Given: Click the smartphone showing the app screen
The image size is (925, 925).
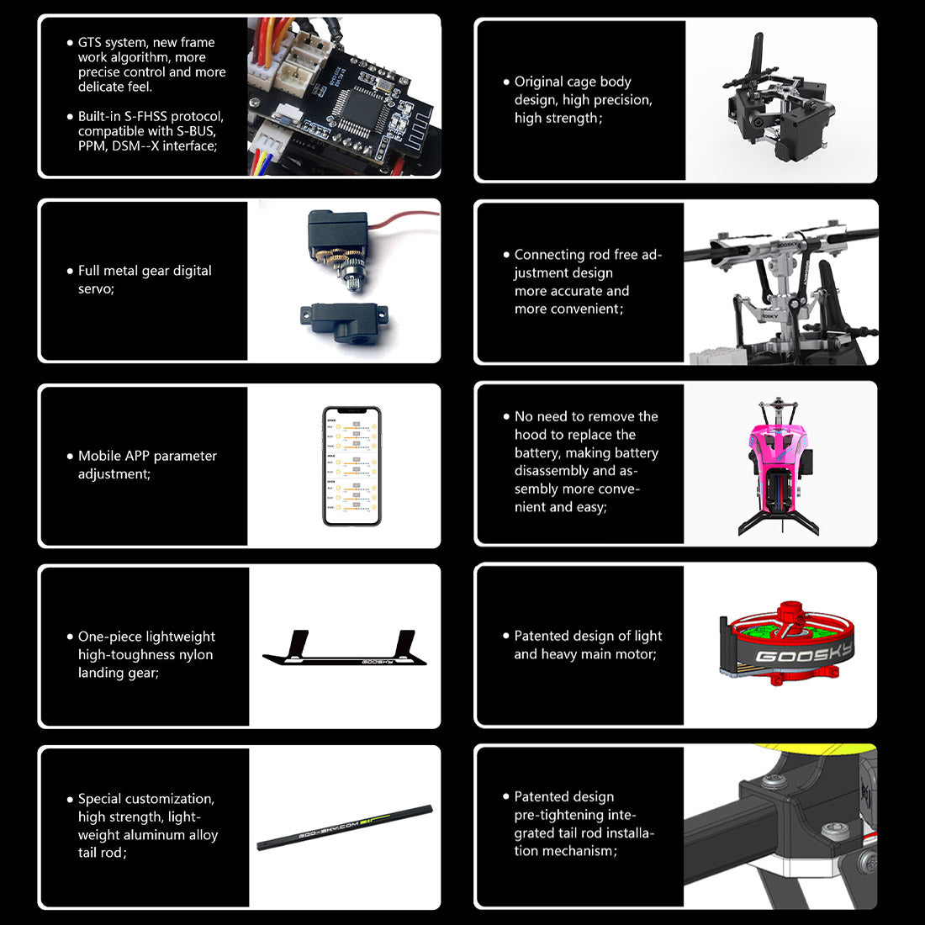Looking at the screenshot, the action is click(351, 466).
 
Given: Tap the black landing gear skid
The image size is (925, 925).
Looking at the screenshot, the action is click(345, 649).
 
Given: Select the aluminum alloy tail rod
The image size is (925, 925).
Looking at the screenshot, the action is click(345, 827).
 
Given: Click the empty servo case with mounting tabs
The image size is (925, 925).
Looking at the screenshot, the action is click(344, 320).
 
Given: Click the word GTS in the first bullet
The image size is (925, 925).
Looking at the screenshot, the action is click(90, 43).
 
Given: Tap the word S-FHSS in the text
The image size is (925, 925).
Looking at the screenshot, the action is click(145, 116).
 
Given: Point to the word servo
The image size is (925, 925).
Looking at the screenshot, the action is click(96, 289).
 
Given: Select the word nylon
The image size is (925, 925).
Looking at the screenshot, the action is click(197, 655).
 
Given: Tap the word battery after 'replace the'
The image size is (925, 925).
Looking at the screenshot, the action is click(536, 453).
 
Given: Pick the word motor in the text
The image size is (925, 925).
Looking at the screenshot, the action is click(637, 654).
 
